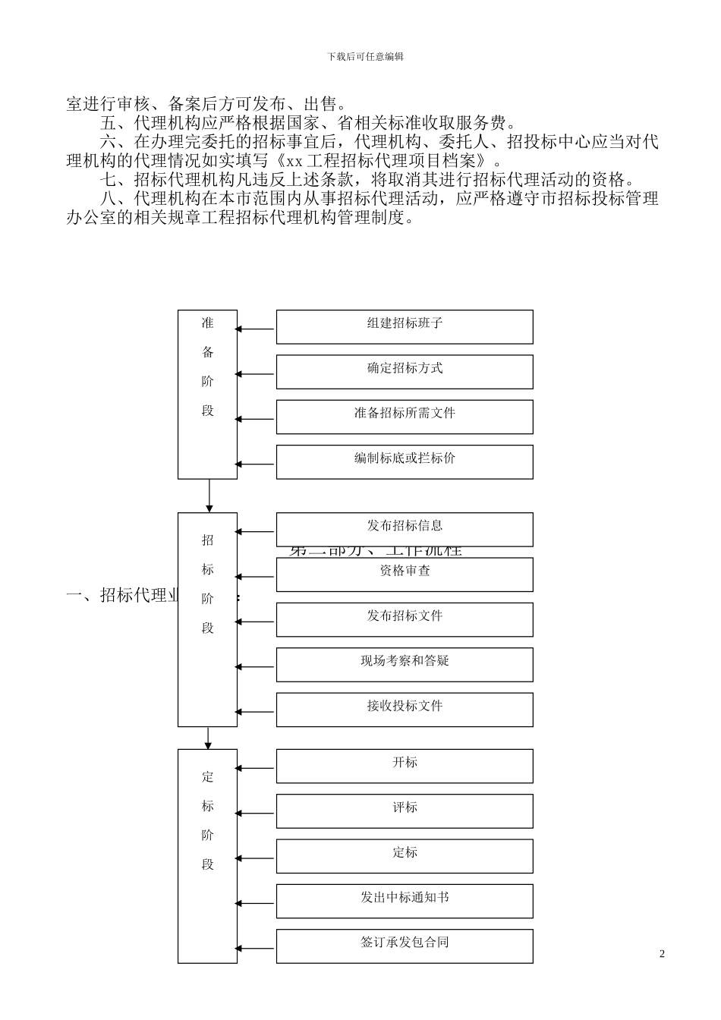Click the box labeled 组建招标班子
click(405, 326)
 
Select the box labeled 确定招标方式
click(405, 372)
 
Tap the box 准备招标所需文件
click(405, 417)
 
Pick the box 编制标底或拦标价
click(405, 461)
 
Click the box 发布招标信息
click(405, 529)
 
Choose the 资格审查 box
click(405, 575)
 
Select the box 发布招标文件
click(405, 619)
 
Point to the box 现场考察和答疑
click(405, 664)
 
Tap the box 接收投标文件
click(405, 710)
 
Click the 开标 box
click(405, 766)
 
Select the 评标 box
click(405, 811)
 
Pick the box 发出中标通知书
click(405, 901)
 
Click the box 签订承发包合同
click(405, 946)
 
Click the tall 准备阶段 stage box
click(208, 395)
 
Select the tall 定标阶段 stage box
click(208, 856)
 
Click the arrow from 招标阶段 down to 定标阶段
click(209, 738)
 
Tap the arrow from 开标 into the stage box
click(256, 768)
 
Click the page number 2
click(662, 954)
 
